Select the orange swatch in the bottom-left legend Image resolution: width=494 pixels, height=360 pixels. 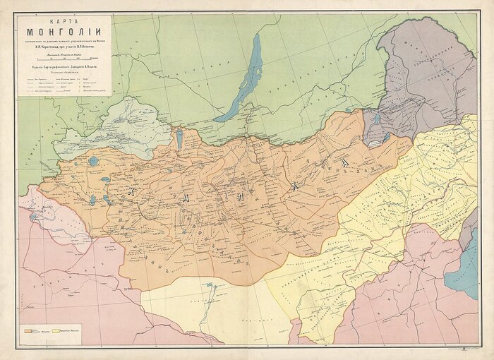[x=30, y=329]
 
